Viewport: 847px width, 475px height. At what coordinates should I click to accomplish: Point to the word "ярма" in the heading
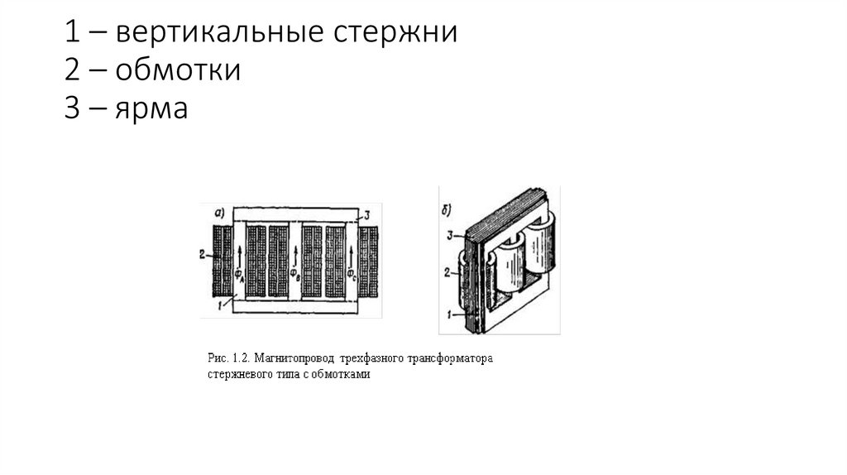click(x=151, y=108)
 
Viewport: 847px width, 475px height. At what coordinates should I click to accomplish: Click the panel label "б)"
click(x=447, y=199)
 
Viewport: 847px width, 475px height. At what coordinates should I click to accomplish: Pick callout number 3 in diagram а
click(x=370, y=214)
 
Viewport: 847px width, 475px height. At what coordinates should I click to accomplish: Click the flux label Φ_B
click(x=294, y=273)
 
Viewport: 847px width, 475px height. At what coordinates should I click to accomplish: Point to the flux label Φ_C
click(x=351, y=273)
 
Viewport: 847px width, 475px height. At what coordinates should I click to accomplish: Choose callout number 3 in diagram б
click(x=449, y=235)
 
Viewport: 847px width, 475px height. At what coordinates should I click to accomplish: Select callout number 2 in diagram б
click(x=447, y=271)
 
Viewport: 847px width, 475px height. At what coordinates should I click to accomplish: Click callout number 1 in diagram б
click(x=448, y=314)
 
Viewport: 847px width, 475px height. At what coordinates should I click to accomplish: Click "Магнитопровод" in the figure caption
click(x=295, y=360)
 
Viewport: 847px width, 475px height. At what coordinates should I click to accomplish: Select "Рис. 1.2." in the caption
click(x=228, y=360)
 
